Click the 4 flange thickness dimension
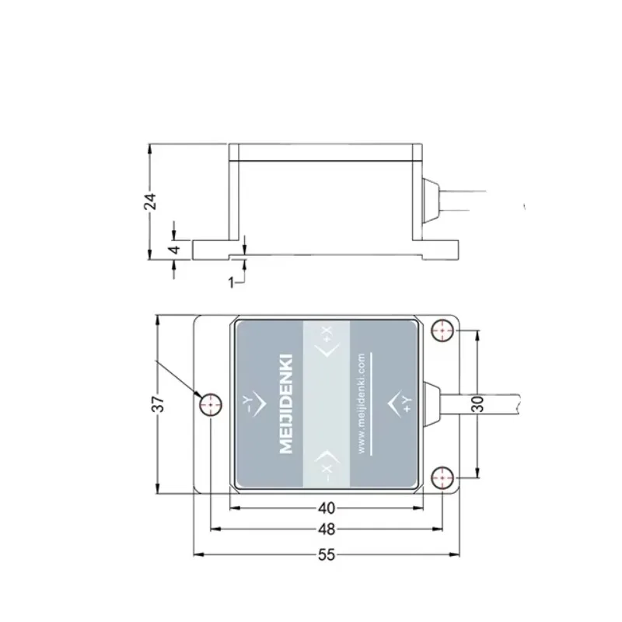coord(176,250)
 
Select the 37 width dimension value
coord(157,404)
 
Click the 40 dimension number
coord(327,508)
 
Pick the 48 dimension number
coord(327,530)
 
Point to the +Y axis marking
coord(404,403)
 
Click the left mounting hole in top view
coord(211,404)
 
